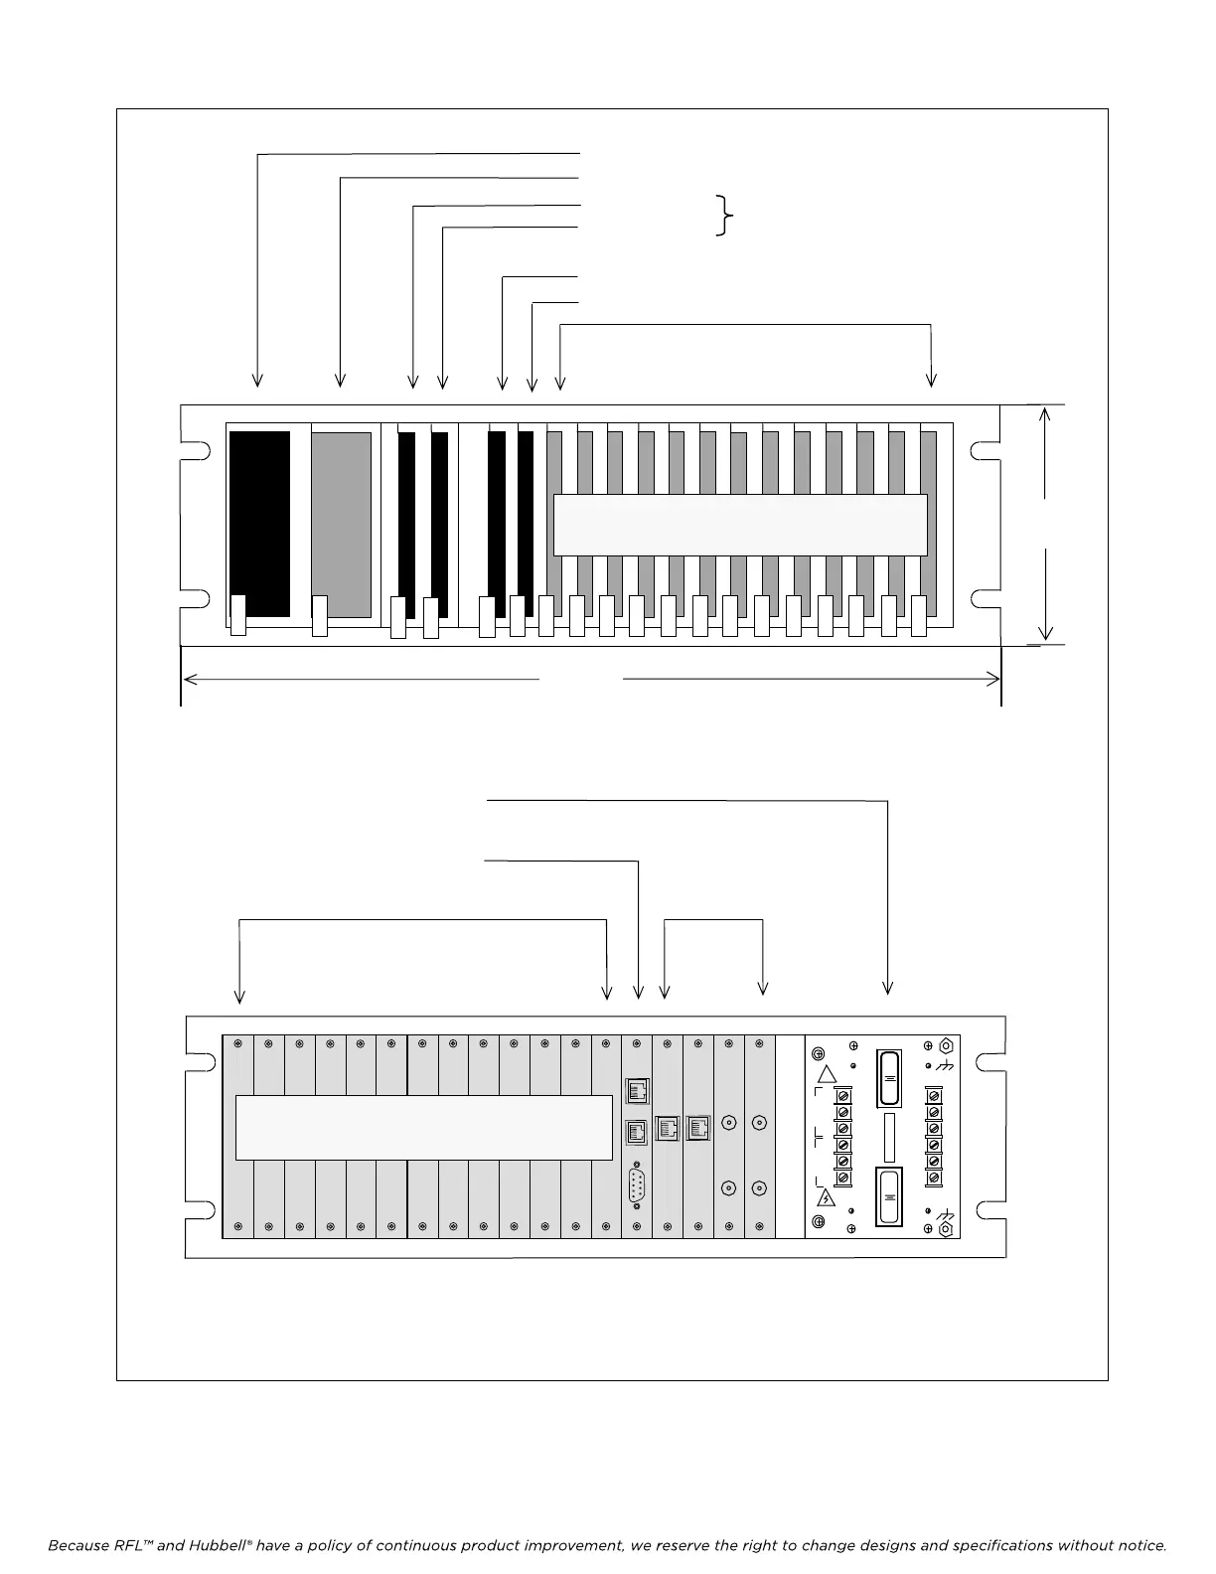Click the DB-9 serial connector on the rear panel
click(x=637, y=1187)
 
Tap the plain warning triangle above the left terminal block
click(x=827, y=1074)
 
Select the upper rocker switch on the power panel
click(x=889, y=1078)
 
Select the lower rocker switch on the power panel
click(x=889, y=1197)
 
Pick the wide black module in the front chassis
click(x=259, y=524)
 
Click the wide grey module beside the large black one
click(x=341, y=524)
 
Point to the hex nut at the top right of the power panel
click(x=946, y=1045)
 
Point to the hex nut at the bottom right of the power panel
click(x=946, y=1229)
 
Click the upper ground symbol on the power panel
click(x=946, y=1065)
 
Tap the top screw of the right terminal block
click(x=933, y=1095)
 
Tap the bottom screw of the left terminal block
click(x=842, y=1178)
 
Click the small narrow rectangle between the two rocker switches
click(x=889, y=1138)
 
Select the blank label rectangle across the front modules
click(x=739, y=525)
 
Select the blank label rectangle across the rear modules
click(x=424, y=1128)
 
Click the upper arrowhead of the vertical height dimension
click(x=1045, y=415)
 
